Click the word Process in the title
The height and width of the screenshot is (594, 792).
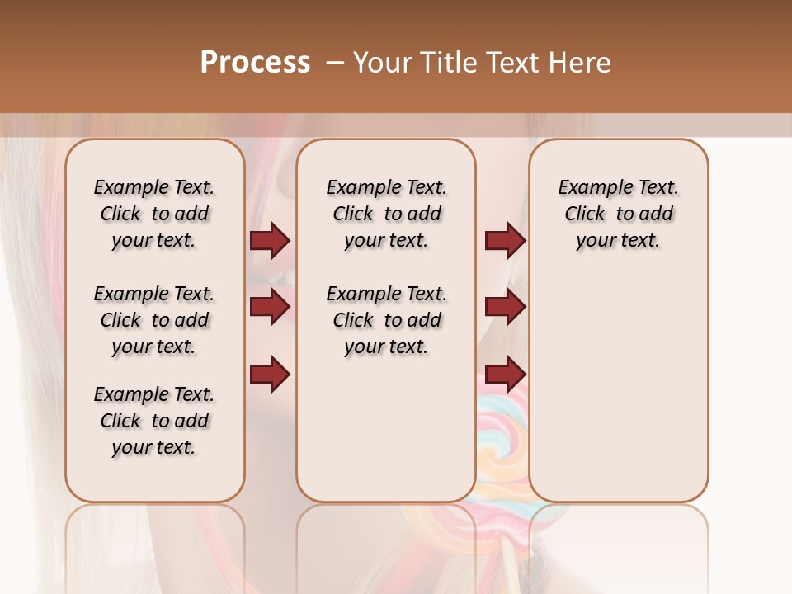click(255, 63)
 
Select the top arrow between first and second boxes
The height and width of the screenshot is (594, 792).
click(270, 240)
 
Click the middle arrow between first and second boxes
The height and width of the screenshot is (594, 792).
click(270, 307)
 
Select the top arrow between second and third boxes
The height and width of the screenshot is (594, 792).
click(505, 240)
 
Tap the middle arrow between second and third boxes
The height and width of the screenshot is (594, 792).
click(505, 307)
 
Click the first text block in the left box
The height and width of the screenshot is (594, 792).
click(154, 214)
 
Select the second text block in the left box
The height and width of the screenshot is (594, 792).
click(154, 320)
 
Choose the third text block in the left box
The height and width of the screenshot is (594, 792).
click(154, 421)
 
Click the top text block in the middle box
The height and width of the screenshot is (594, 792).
click(386, 214)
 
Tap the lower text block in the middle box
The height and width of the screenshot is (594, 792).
click(386, 320)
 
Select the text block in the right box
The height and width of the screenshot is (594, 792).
click(619, 214)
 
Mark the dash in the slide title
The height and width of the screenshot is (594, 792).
click(335, 63)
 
